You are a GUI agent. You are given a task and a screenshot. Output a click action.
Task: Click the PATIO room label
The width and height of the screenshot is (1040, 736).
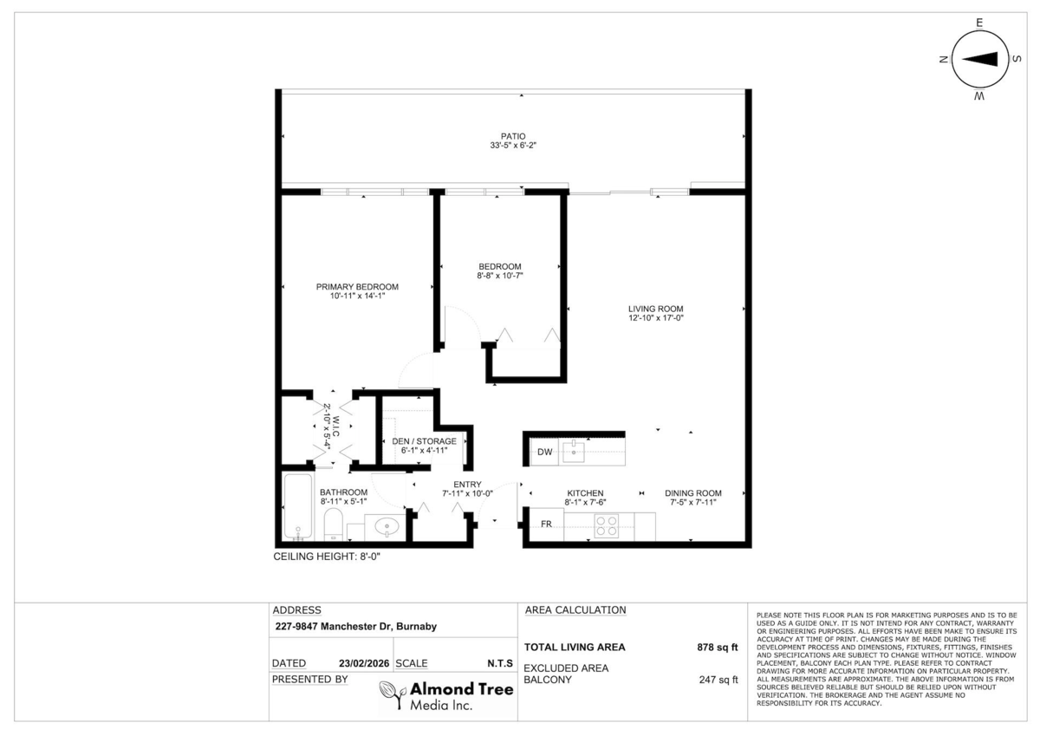513,136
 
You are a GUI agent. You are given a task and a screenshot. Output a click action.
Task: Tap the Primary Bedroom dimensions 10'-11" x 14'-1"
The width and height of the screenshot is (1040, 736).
356,296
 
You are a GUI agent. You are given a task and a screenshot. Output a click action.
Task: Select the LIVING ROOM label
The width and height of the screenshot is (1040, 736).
656,308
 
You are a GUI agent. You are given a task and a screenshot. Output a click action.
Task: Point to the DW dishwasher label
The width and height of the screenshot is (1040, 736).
544,453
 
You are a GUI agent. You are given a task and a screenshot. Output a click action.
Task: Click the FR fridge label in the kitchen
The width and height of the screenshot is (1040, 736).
547,524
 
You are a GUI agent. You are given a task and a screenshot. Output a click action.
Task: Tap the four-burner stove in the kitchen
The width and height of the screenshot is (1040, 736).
606,526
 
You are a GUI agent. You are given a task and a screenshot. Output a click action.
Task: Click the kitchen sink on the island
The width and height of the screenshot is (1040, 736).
574,451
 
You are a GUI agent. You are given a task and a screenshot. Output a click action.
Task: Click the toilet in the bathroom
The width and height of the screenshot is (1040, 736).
332,524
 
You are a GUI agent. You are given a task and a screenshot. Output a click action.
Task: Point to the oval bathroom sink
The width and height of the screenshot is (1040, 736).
385,525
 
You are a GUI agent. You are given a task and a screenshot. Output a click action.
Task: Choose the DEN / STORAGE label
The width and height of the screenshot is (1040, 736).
424,441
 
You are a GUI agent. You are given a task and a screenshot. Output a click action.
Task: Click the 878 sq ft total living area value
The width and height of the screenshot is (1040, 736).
717,647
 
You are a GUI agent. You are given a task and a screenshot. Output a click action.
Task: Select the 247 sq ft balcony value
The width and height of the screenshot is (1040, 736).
718,681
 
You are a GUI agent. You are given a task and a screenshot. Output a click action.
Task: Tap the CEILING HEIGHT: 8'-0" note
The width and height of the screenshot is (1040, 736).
327,557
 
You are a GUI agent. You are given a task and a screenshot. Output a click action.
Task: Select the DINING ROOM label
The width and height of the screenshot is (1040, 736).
692,492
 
